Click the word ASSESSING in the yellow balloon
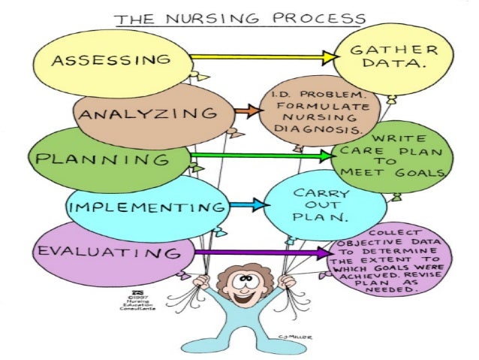pyautogui.click(x=110, y=59)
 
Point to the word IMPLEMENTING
pyautogui.click(x=147, y=206)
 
